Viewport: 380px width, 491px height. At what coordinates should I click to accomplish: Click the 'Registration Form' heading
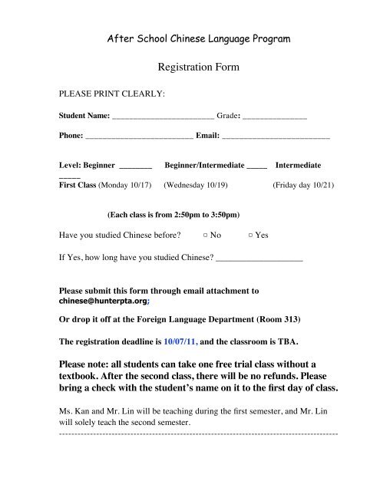198,68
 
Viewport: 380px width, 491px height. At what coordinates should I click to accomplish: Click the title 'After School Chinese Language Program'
197,38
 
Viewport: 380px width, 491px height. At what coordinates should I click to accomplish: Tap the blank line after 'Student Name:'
163,118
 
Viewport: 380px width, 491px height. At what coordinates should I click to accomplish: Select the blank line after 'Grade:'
274,118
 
